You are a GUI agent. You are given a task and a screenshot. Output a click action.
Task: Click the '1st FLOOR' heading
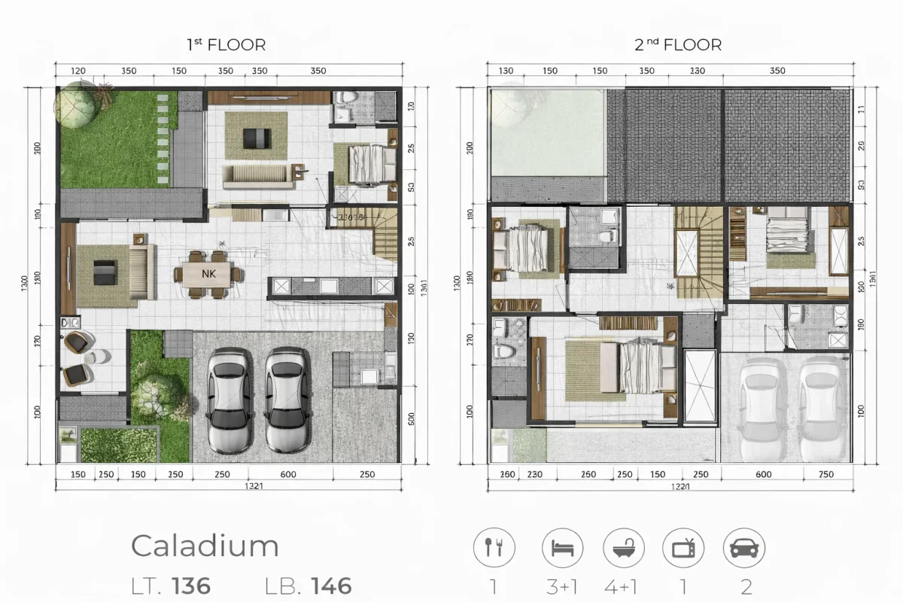tap(226, 44)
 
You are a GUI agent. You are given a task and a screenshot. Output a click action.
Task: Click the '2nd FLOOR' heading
tap(677, 44)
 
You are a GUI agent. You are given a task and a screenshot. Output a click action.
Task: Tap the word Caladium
tap(205, 546)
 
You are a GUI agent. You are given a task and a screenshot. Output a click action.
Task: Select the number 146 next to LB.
tap(321, 585)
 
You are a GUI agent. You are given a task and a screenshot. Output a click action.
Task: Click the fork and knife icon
tap(494, 547)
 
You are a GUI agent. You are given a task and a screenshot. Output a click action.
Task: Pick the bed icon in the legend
tap(563, 547)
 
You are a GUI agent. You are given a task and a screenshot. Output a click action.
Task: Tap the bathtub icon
tap(624, 547)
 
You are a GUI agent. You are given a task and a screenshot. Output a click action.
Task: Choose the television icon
tap(683, 547)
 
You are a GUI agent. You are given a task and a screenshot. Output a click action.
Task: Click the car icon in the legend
tap(743, 547)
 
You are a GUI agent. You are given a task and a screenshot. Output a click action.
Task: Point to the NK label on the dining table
tap(208, 274)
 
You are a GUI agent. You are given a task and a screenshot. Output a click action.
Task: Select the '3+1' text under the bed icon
tap(563, 585)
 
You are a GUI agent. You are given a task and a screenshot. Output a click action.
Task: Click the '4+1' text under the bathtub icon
tap(624, 585)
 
